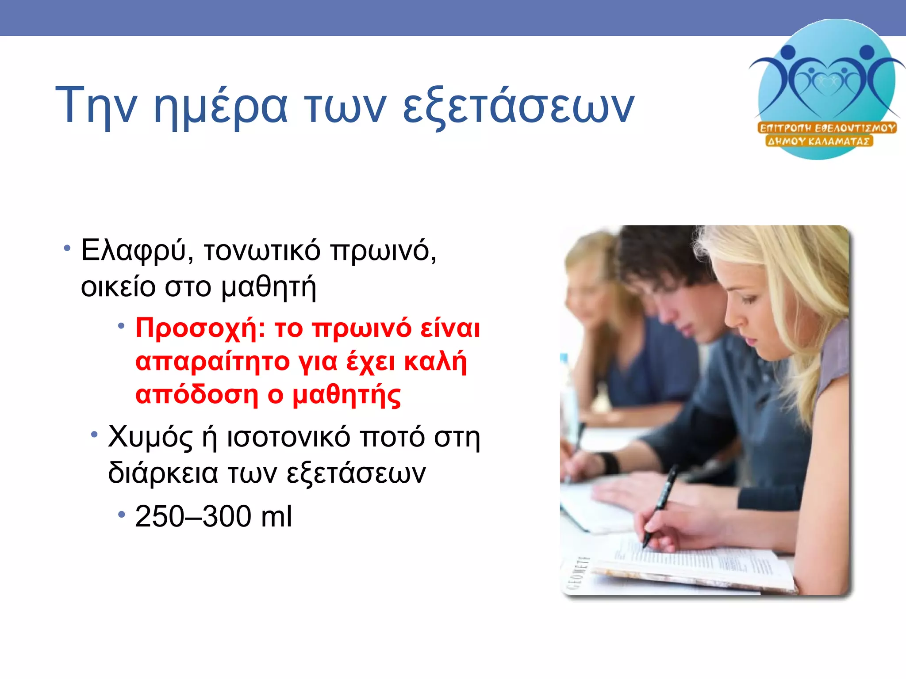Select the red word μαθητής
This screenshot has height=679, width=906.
click(347, 394)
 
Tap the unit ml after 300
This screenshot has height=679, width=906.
click(276, 516)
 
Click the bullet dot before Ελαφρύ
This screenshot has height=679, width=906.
click(67, 248)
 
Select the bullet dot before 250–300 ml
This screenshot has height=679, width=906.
click(122, 514)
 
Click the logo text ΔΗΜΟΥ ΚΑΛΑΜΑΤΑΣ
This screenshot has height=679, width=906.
click(819, 141)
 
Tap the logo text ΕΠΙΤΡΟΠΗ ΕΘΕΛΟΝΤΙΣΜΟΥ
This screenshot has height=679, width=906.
click(827, 128)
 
